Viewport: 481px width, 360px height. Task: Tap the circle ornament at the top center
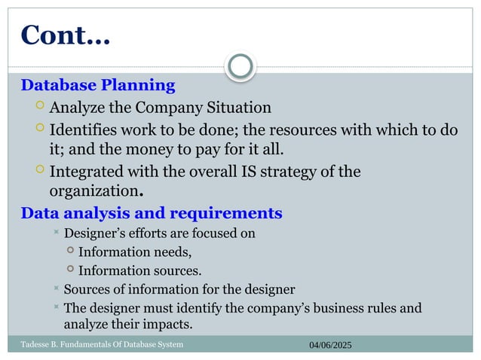(x=240, y=66)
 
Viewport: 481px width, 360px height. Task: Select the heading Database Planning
(x=98, y=85)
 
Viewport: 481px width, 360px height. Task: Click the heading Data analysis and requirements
(x=152, y=213)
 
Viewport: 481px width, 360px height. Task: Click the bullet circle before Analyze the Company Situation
(x=40, y=107)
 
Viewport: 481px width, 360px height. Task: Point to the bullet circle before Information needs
(x=70, y=251)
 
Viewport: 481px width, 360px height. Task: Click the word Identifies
(x=81, y=130)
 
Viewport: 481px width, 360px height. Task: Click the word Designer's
(x=93, y=233)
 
